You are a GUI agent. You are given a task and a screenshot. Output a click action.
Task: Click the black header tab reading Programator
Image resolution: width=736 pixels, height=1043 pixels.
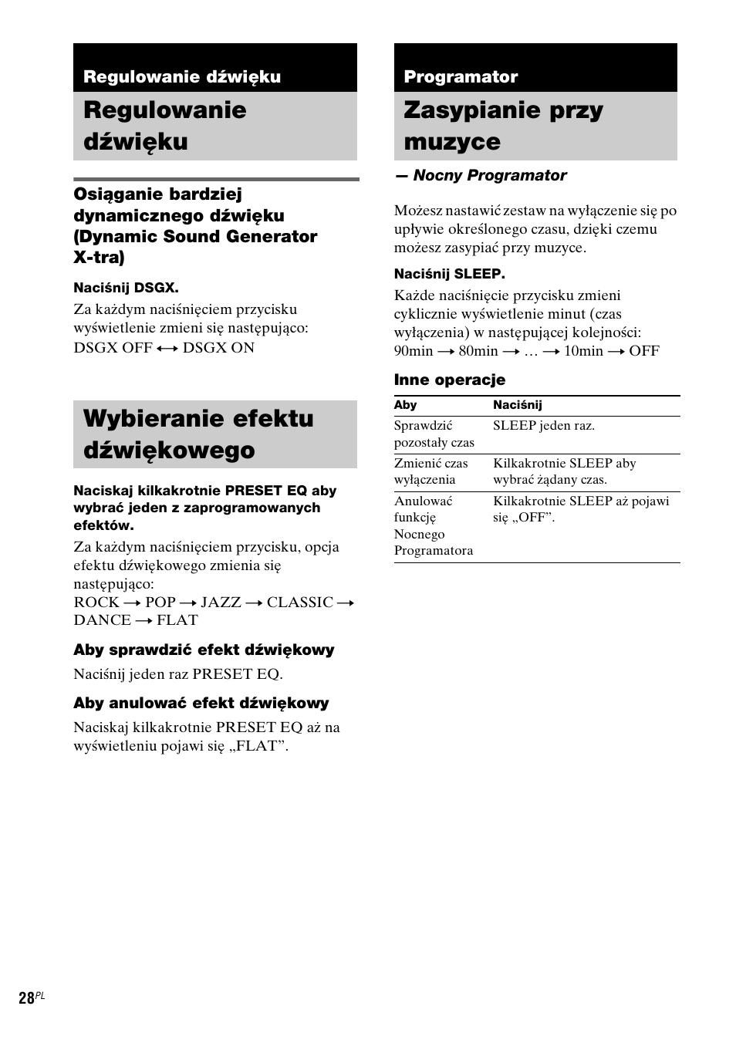(x=461, y=76)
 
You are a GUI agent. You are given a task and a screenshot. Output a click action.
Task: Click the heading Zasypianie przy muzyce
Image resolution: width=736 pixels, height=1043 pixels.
(x=503, y=126)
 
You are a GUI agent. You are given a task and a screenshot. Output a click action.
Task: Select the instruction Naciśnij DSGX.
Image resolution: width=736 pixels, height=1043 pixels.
(x=126, y=288)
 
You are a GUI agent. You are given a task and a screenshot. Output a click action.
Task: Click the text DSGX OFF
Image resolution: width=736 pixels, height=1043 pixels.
(x=113, y=347)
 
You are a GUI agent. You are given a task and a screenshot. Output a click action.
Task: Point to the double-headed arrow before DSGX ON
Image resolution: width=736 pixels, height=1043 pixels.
(x=167, y=348)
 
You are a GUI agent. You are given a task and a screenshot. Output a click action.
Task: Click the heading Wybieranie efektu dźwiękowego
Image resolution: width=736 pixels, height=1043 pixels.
(x=198, y=434)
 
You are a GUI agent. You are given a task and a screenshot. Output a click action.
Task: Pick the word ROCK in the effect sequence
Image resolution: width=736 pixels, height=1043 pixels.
(x=96, y=602)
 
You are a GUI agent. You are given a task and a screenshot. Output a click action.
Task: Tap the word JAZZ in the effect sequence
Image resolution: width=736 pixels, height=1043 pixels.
(x=221, y=602)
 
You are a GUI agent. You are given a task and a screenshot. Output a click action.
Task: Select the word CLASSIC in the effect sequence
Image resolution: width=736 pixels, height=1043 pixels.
(x=300, y=602)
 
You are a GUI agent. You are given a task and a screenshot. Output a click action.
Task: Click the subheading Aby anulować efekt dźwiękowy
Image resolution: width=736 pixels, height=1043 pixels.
(x=201, y=703)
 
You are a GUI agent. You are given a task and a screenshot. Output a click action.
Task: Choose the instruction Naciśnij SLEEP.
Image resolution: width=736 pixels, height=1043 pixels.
(x=449, y=274)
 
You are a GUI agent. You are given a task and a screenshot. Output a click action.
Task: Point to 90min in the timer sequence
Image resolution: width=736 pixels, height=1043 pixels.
(x=414, y=351)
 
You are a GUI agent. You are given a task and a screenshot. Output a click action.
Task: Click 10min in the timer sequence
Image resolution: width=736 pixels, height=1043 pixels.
(x=583, y=351)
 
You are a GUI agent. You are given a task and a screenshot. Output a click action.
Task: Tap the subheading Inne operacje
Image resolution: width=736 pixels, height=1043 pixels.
(x=449, y=380)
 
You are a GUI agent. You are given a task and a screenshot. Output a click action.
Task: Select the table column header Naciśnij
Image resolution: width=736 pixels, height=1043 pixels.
(x=517, y=405)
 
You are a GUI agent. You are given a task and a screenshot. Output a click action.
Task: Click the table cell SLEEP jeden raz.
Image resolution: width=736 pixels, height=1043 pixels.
(x=543, y=426)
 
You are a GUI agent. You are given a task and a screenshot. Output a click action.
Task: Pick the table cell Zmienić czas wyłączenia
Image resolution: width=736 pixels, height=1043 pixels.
(x=430, y=471)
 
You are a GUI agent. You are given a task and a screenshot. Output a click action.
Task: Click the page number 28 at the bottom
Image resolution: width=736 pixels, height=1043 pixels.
(x=27, y=998)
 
